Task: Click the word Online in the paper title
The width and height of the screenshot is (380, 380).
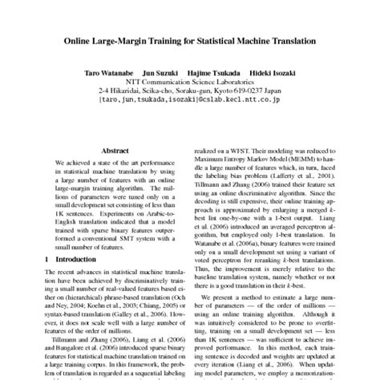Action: [80, 39]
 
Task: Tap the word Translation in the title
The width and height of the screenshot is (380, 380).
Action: [286, 39]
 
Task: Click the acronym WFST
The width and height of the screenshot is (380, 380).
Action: [251, 150]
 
